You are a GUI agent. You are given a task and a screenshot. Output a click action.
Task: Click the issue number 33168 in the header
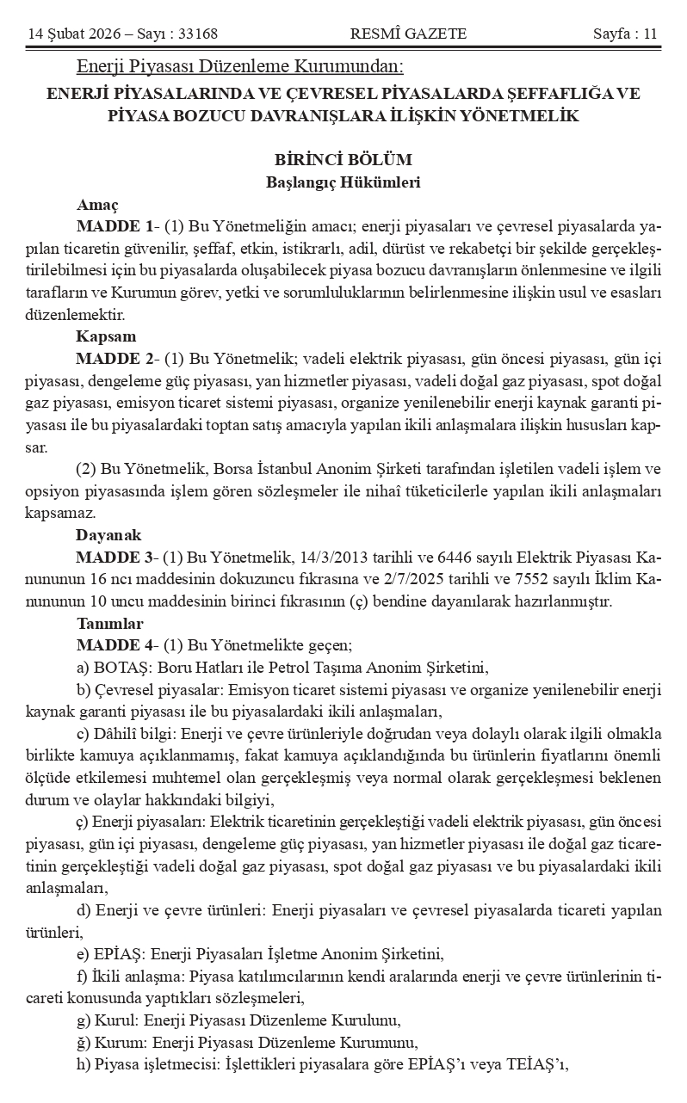click(194, 34)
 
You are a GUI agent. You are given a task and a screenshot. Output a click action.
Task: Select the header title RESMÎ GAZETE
click(409, 34)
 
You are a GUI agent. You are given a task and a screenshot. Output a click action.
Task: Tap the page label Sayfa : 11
click(625, 34)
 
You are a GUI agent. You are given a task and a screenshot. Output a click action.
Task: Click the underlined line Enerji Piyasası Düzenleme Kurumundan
click(240, 66)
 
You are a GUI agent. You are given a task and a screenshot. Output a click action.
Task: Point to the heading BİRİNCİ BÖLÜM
click(343, 160)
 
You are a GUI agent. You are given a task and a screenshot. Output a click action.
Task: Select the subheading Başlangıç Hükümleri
click(343, 182)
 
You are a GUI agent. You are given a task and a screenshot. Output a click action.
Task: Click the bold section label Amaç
click(97, 205)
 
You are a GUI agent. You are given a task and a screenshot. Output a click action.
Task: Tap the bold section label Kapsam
click(106, 336)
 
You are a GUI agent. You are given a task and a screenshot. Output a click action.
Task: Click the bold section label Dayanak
click(108, 534)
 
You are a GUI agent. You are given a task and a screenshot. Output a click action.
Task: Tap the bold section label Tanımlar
click(109, 623)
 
